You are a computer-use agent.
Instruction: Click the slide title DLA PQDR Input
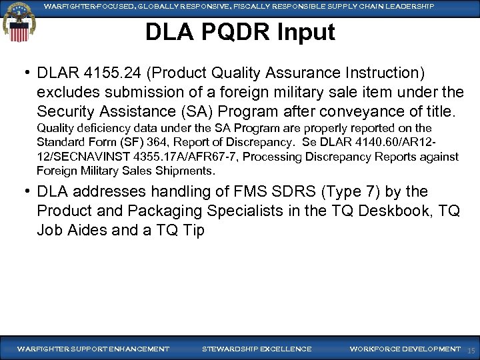(240, 32)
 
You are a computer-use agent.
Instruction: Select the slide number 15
(471, 350)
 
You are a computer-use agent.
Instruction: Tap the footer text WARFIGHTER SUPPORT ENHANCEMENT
(93, 349)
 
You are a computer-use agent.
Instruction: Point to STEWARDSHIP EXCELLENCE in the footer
(256, 349)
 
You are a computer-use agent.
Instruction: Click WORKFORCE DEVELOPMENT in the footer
(405, 349)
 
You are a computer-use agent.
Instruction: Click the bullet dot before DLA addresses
(26, 192)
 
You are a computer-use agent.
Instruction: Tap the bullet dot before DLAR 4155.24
(26, 72)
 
